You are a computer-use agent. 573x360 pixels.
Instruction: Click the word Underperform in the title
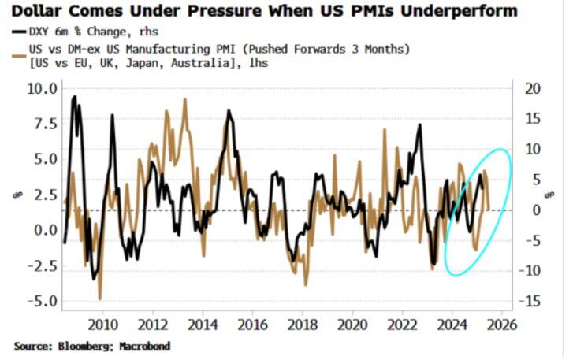[x=455, y=11]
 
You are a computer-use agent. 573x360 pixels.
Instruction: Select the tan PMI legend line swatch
[x=19, y=49]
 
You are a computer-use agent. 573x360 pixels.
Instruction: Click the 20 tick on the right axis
[x=533, y=87]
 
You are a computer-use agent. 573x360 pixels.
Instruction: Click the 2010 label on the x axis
[x=102, y=325]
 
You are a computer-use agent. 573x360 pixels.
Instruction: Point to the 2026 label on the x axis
[x=500, y=325]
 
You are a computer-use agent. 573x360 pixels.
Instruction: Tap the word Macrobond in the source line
[x=143, y=346]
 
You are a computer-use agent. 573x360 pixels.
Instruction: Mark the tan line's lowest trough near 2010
[x=100, y=299]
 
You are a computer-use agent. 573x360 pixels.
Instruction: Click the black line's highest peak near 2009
[x=74, y=97]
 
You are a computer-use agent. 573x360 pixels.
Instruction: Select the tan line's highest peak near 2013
[x=184, y=99]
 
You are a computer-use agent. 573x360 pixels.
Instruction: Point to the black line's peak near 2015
[x=229, y=111]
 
